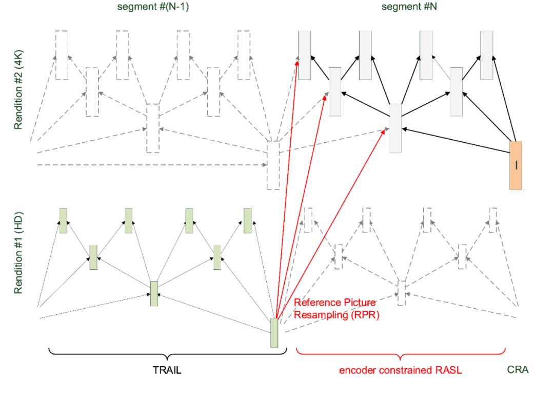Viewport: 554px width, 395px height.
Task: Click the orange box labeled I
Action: click(x=516, y=165)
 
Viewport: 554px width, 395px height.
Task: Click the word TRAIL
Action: click(x=167, y=370)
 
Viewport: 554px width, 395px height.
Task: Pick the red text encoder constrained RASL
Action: click(x=400, y=370)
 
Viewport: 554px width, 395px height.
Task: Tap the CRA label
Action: click(x=519, y=369)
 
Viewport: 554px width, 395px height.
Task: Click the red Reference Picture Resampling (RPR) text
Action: click(x=337, y=308)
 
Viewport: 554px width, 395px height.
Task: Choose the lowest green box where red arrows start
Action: click(x=274, y=333)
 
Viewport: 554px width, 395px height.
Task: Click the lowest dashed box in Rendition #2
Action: click(x=273, y=165)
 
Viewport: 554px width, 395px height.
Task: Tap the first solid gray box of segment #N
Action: click(x=304, y=55)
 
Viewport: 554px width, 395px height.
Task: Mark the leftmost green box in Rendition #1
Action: click(x=63, y=221)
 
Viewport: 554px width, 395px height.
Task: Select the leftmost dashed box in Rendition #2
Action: click(x=62, y=55)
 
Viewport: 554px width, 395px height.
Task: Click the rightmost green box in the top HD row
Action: click(x=247, y=221)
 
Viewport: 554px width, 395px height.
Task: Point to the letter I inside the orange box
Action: click(x=516, y=165)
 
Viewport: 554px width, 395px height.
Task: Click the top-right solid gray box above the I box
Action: click(x=487, y=55)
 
